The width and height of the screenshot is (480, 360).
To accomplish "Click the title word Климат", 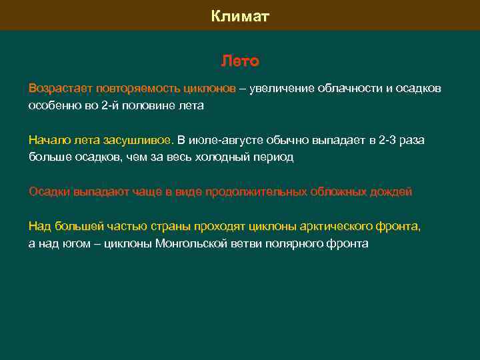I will coord(240,16).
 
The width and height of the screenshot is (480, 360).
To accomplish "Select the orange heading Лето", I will coord(240,62).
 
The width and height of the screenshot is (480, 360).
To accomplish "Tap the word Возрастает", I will coord(60,88).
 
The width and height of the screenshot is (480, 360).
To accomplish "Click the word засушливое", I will coord(138,140).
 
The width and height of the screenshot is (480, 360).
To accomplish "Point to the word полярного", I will coord(297,244).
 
